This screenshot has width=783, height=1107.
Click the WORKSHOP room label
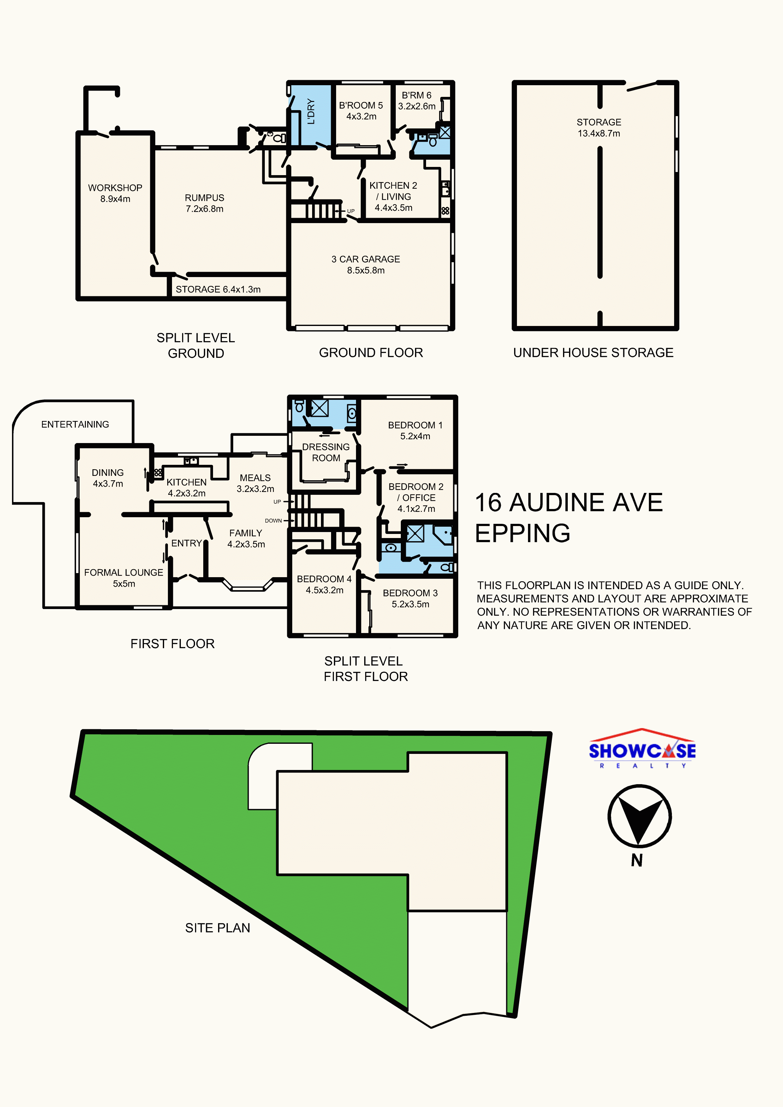pyautogui.click(x=115, y=193)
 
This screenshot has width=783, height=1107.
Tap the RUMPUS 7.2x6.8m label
pyautogui.click(x=205, y=203)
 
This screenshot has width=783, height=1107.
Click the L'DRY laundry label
pyautogui.click(x=311, y=111)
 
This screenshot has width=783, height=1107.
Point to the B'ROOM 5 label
pyautogui.click(x=361, y=110)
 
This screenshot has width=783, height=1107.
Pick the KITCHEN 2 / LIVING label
pyautogui.click(x=394, y=196)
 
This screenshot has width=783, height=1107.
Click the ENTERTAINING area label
pyautogui.click(x=75, y=424)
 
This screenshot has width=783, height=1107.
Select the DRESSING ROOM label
pyautogui.click(x=326, y=452)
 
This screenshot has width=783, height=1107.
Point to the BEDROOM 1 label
pyautogui.click(x=415, y=430)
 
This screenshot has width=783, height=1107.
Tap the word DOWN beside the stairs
pyautogui.click(x=273, y=521)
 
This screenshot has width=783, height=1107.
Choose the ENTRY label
pyautogui.click(x=186, y=543)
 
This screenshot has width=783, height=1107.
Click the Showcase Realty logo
pyautogui.click(x=642, y=748)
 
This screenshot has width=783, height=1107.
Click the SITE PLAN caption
pyautogui.click(x=217, y=928)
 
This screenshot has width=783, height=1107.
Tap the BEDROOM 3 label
pyautogui.click(x=410, y=598)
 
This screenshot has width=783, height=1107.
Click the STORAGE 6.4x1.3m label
pyautogui.click(x=218, y=289)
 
